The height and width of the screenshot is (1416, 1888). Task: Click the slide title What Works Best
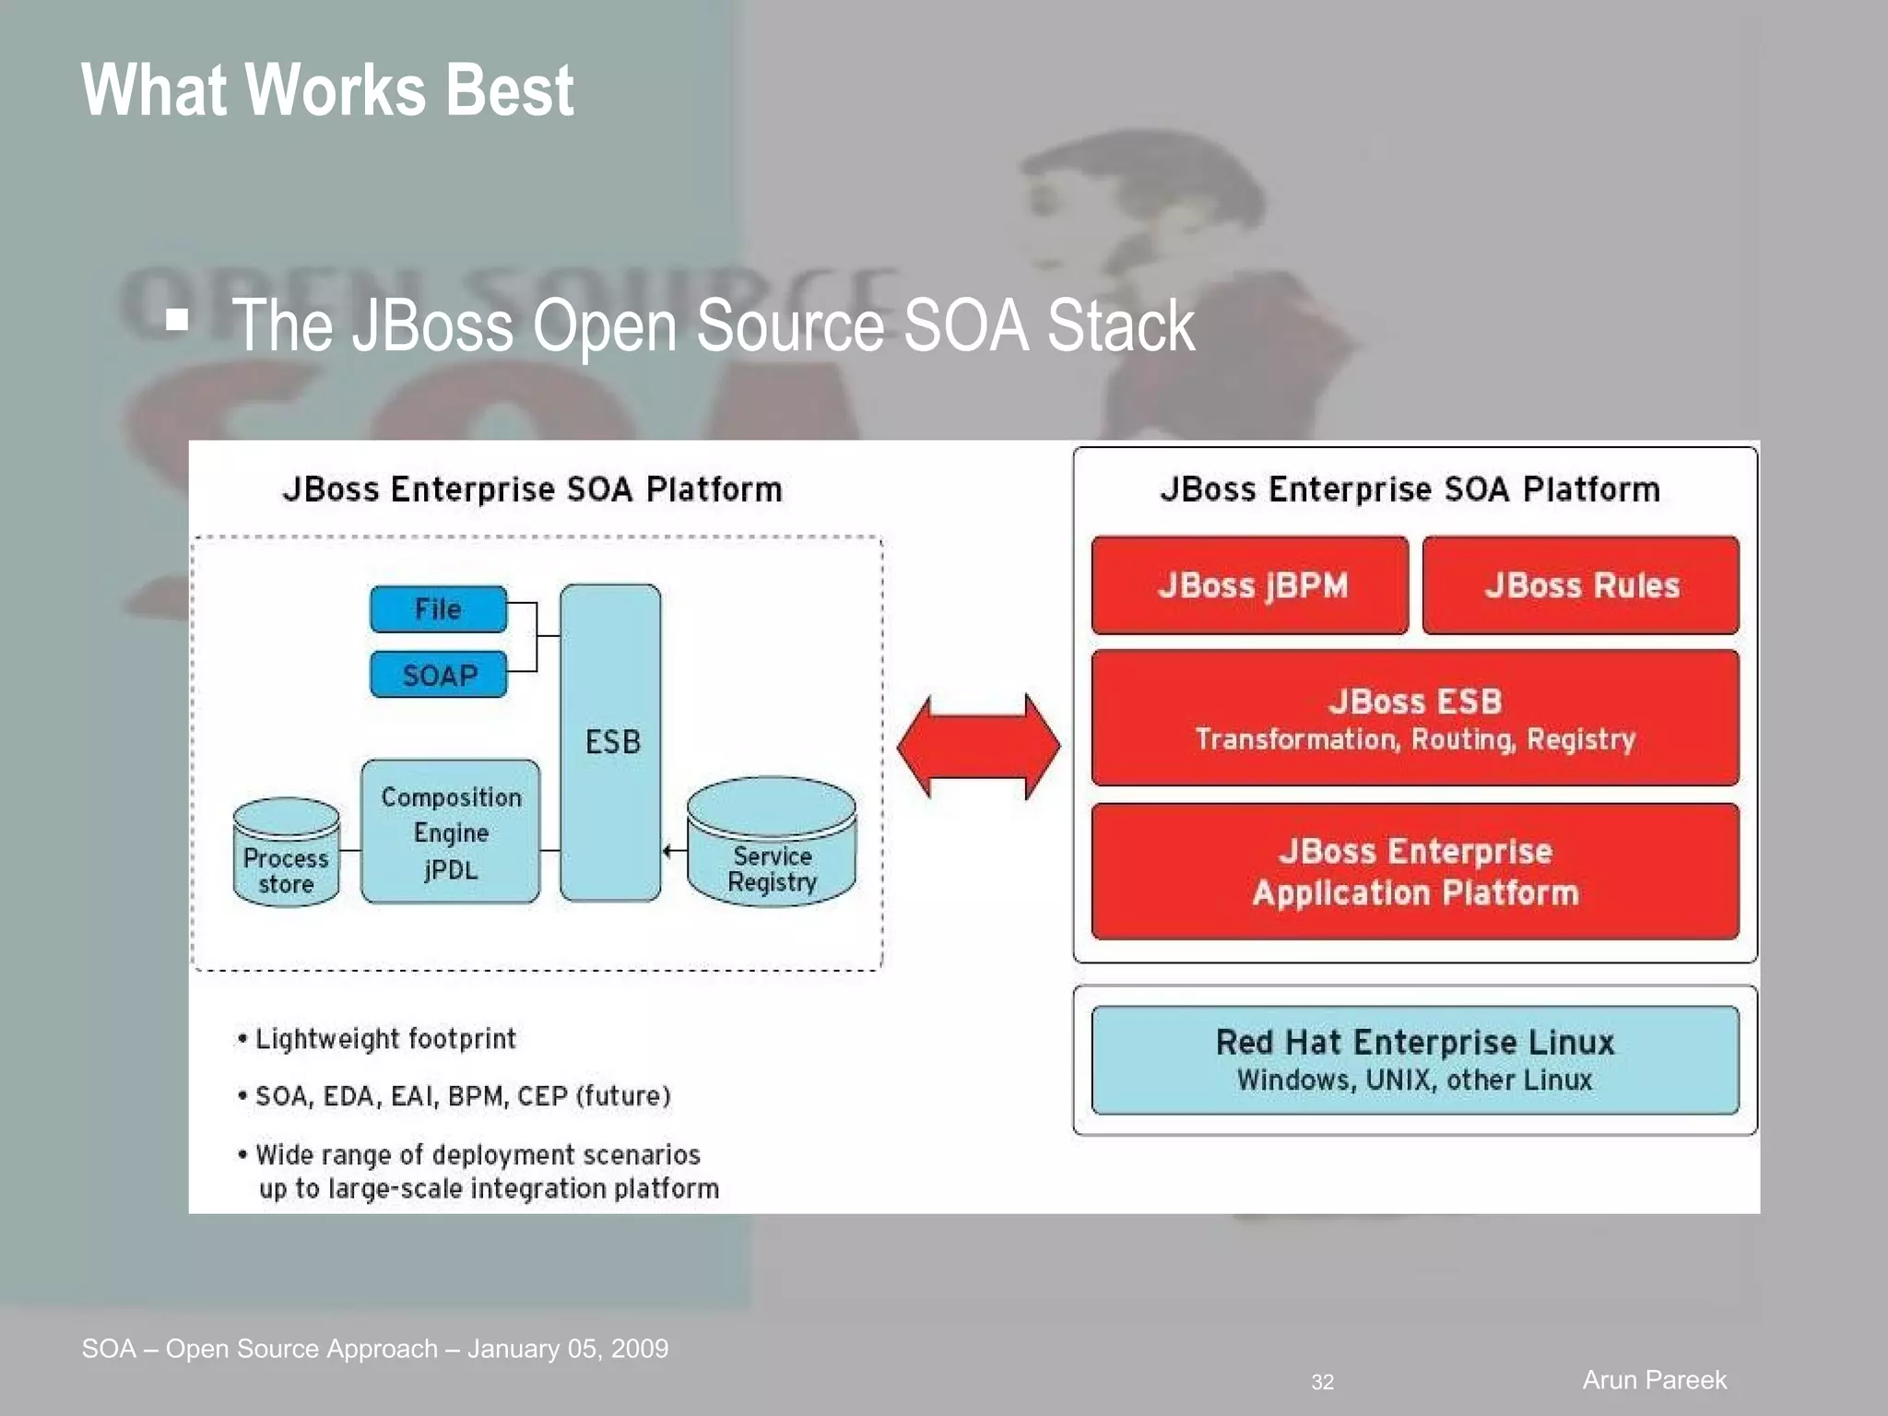[327, 90]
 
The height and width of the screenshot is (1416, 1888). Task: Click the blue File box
[438, 609]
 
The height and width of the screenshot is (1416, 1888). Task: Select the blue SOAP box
[439, 675]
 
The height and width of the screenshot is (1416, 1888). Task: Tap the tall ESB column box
[610, 742]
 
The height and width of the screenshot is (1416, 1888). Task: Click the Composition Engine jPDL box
[451, 832]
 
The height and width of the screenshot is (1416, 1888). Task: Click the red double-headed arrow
[978, 747]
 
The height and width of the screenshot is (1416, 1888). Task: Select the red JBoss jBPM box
[1250, 585]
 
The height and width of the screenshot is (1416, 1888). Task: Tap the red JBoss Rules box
[1581, 585]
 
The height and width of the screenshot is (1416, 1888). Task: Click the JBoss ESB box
[1415, 718]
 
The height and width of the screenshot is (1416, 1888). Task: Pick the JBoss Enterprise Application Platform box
[1415, 871]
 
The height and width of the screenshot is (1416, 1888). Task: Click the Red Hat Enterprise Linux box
[1415, 1060]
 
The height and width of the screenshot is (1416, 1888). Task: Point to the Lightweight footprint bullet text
[385, 1039]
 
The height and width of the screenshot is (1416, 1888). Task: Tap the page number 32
[1322, 1382]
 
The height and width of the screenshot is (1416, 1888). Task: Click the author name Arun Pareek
[1654, 1380]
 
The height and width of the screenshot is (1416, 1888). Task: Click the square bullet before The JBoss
[177, 320]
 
